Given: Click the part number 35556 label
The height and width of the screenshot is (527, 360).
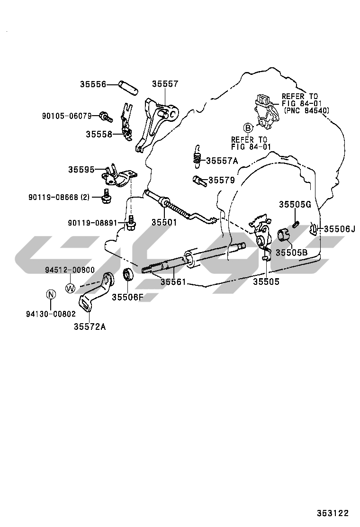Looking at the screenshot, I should coord(93,84).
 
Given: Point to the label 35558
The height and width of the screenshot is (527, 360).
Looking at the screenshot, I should coord(99,134).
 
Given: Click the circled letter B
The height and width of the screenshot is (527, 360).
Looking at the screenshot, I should coord(248,127).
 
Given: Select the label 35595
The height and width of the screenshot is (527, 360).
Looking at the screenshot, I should coord(81,169).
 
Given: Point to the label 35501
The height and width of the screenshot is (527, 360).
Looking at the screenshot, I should coord(165,222).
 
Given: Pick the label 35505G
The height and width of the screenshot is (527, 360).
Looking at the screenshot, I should coord(294,205).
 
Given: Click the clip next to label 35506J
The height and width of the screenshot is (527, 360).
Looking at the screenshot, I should coord(313,229).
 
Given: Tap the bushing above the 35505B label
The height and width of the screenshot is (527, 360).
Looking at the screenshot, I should coord(283,234).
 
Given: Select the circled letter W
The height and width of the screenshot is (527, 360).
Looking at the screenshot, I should coord(70,288).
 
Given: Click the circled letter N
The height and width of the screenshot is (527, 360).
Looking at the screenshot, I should coord(51,294).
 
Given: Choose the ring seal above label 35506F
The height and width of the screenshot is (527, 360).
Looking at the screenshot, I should coord(127,275).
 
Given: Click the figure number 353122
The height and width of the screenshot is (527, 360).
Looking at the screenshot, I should coord(333,513).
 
